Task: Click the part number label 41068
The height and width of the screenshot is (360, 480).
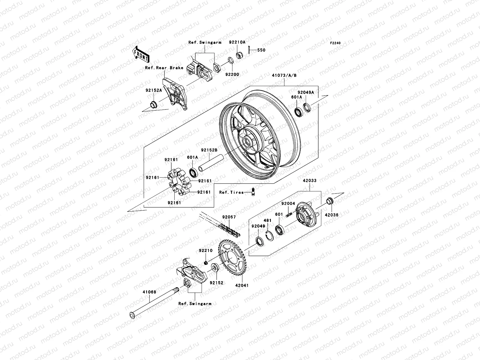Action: (149, 291)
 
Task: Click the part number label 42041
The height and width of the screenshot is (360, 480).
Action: (242, 286)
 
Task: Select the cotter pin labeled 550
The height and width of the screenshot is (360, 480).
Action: (257, 50)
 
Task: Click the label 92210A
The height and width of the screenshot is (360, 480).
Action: (237, 42)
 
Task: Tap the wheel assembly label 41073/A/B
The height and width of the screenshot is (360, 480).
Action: (284, 75)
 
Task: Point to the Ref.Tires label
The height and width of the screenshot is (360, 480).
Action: (231, 192)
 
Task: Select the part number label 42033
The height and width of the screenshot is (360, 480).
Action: (309, 181)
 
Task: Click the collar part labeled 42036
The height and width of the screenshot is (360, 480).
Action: (329, 201)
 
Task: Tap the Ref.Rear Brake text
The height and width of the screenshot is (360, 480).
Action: (164, 68)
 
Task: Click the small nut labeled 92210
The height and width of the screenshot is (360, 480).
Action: (206, 263)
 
